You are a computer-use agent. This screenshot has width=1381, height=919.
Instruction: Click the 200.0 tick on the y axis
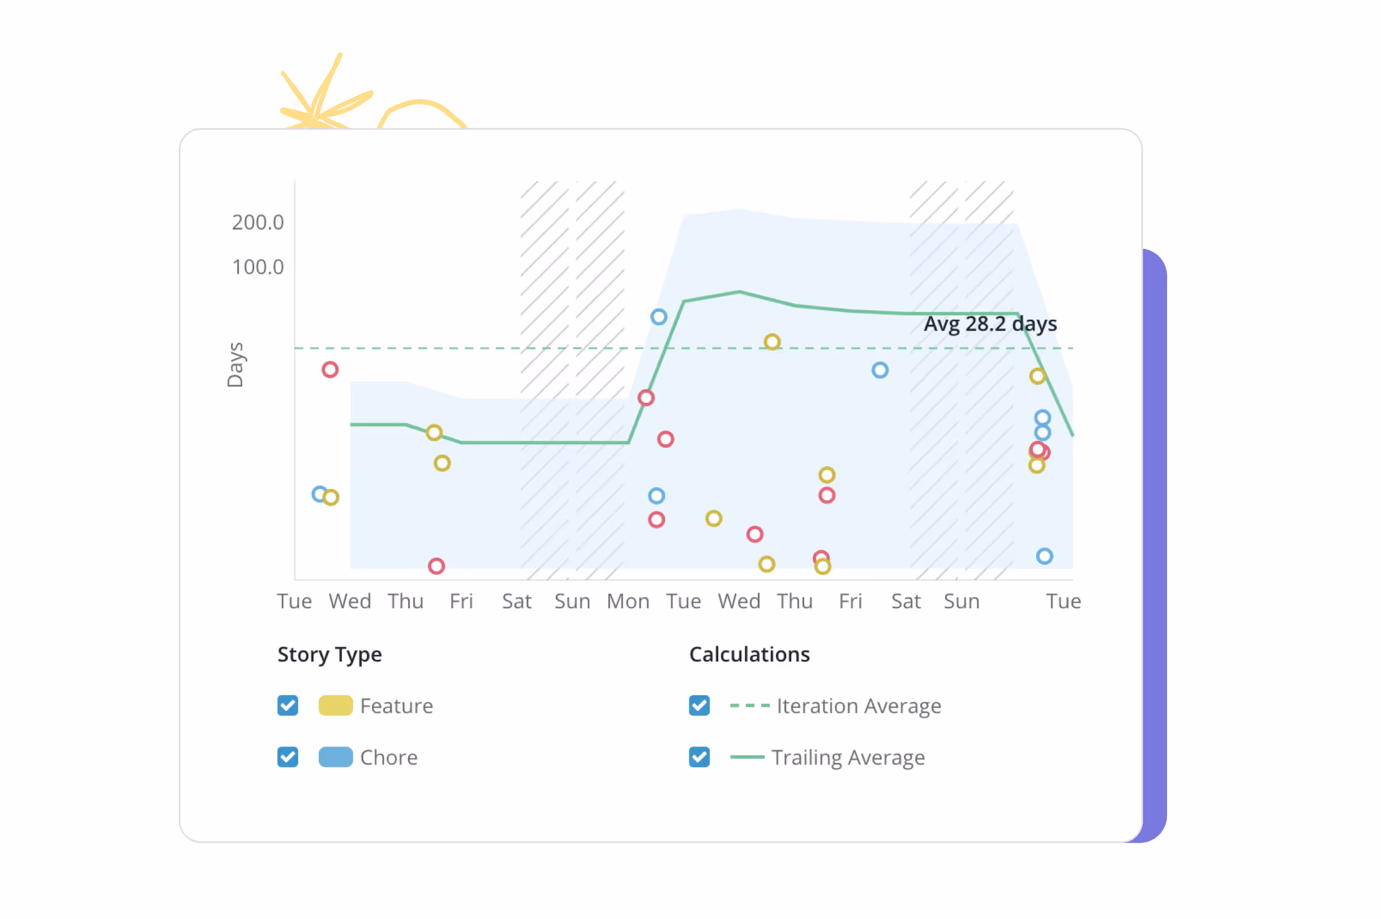click(258, 222)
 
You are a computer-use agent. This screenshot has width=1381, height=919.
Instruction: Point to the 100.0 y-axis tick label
click(258, 267)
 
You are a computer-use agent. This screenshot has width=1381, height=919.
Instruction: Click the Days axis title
click(234, 364)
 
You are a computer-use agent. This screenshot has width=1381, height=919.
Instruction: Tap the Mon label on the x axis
click(628, 601)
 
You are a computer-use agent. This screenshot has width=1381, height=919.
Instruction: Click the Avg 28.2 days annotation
click(990, 324)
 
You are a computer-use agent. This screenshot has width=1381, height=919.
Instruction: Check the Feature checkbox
click(288, 705)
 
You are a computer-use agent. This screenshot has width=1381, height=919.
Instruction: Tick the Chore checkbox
click(288, 757)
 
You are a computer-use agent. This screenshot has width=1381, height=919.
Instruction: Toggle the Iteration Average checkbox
click(700, 705)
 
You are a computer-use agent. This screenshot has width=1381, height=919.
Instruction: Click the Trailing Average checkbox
click(700, 757)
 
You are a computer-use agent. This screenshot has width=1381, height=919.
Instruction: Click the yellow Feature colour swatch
click(335, 705)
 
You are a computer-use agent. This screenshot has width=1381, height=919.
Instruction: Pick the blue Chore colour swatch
click(335, 757)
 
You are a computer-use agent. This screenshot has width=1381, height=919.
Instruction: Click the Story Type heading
click(329, 655)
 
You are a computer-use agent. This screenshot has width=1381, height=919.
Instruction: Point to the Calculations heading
click(749, 654)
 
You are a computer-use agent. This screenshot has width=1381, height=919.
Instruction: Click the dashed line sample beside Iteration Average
click(749, 706)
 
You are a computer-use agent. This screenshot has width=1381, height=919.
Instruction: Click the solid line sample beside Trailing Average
click(747, 757)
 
